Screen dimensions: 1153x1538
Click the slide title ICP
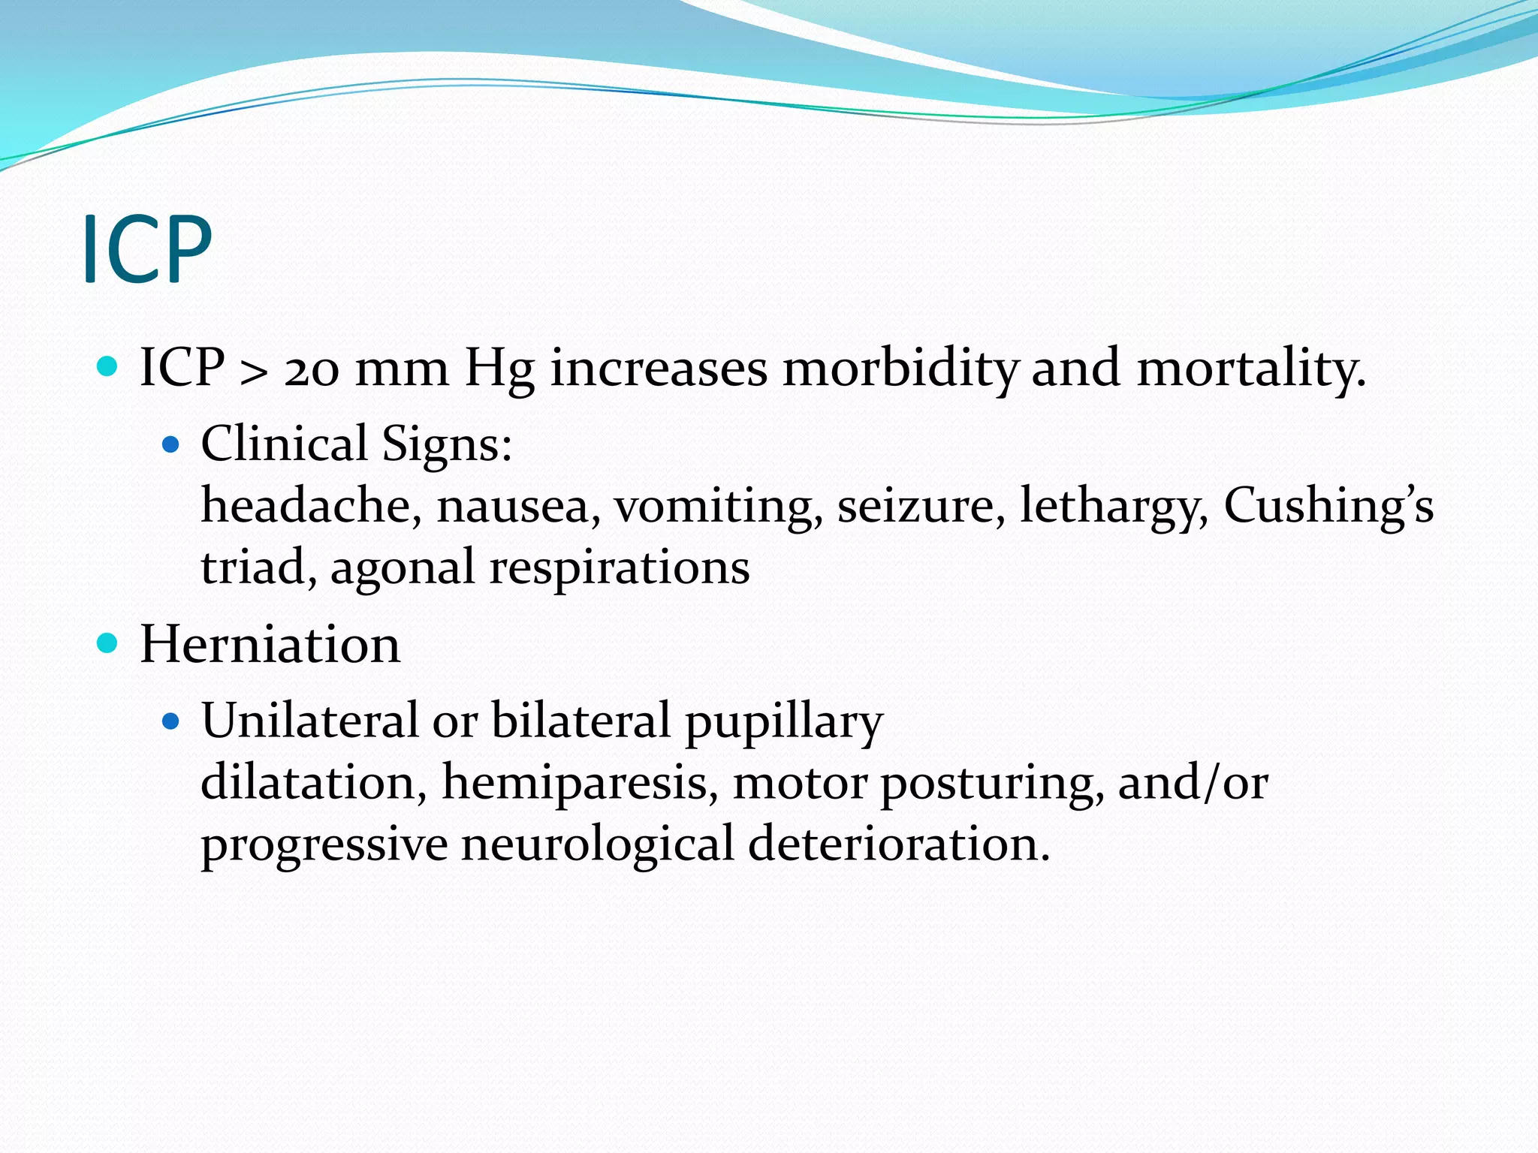[147, 249]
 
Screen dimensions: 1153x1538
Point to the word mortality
[1250, 370]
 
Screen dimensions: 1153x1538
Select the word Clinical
[284, 444]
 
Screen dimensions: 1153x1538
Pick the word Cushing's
[1328, 505]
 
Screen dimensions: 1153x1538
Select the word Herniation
[270, 645]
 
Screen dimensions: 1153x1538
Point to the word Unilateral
[309, 721]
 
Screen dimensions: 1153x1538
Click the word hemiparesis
[574, 782]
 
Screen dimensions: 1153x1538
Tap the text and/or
[1193, 782]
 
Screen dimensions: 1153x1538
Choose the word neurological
[597, 844]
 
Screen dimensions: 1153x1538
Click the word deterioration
[898, 844]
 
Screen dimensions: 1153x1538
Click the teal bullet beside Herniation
[108, 643]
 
